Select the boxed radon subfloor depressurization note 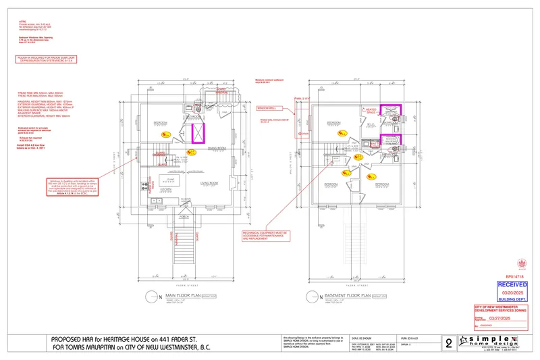tap(47, 60)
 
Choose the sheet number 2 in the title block tap(450, 342)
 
